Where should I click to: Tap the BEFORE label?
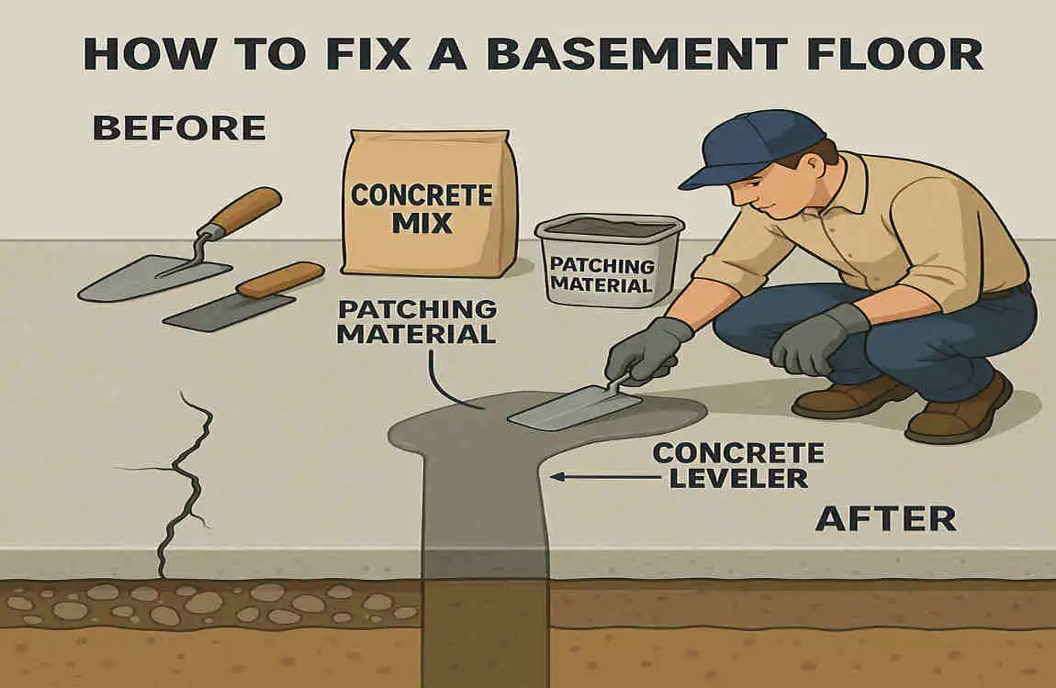click(x=179, y=128)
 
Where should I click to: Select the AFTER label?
click(x=885, y=519)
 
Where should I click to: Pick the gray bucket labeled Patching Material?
click(x=608, y=261)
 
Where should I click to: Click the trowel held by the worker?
click(x=574, y=407)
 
